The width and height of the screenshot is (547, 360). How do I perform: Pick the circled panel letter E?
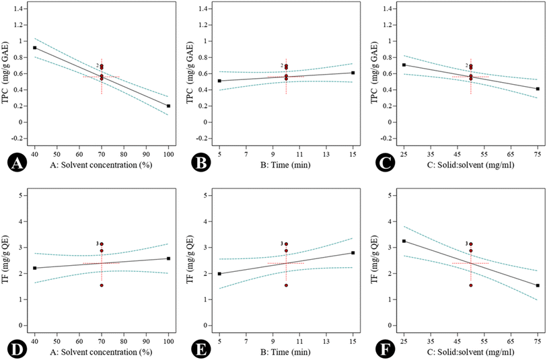195,349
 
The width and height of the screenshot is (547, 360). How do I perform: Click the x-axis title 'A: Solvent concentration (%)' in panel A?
101,166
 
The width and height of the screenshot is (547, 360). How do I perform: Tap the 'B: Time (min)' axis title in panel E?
286,353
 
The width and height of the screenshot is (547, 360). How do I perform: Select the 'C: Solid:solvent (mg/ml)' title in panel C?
471,166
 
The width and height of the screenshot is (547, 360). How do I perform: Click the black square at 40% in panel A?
34,48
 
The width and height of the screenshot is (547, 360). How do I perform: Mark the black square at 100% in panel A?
168,106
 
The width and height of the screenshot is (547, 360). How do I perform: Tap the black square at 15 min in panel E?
353,253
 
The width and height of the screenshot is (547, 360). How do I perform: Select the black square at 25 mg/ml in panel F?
404,241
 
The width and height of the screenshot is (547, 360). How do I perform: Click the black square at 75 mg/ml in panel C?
538,89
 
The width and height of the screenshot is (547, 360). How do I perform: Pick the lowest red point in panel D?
102,285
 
